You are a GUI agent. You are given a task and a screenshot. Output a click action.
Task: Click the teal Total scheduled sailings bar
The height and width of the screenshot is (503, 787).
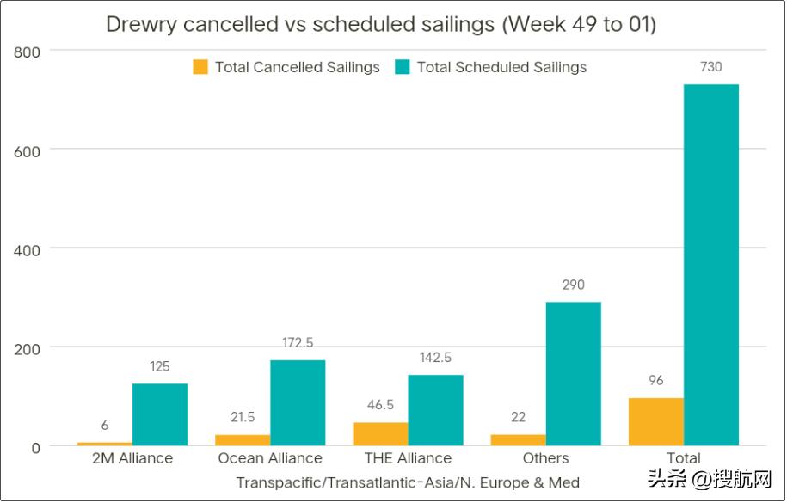tap(710, 265)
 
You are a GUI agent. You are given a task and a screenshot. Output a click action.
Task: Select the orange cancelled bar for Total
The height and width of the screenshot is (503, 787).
tap(655, 421)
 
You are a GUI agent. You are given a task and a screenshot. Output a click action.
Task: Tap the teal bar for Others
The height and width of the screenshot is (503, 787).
tap(573, 373)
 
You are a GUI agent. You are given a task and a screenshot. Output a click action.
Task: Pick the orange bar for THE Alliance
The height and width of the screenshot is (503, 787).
tap(380, 433)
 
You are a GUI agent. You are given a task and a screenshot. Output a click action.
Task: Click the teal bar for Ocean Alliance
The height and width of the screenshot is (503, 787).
tap(298, 402)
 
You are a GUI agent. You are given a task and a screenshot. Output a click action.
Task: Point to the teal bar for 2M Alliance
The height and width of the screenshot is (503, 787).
tap(160, 414)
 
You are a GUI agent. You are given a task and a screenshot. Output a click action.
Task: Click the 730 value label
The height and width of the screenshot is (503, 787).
tap(710, 66)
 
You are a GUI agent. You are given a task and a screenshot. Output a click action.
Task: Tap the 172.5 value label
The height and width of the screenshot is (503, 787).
tap(298, 343)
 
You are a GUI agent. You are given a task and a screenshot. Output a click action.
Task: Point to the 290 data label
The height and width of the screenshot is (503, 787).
tap(573, 285)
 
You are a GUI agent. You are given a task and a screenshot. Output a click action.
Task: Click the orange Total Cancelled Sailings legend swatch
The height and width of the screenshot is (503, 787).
tap(200, 67)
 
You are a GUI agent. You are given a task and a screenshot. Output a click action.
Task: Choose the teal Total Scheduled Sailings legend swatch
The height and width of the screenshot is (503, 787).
tap(403, 67)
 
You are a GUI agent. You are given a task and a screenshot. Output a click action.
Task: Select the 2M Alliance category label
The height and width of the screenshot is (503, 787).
tap(132, 458)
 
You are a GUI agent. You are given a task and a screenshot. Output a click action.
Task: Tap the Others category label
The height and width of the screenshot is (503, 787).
tap(545, 458)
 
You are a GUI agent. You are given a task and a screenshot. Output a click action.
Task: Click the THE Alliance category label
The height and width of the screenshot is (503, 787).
tap(408, 458)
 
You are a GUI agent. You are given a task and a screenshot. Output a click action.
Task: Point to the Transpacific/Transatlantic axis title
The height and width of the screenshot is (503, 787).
tap(408, 482)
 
